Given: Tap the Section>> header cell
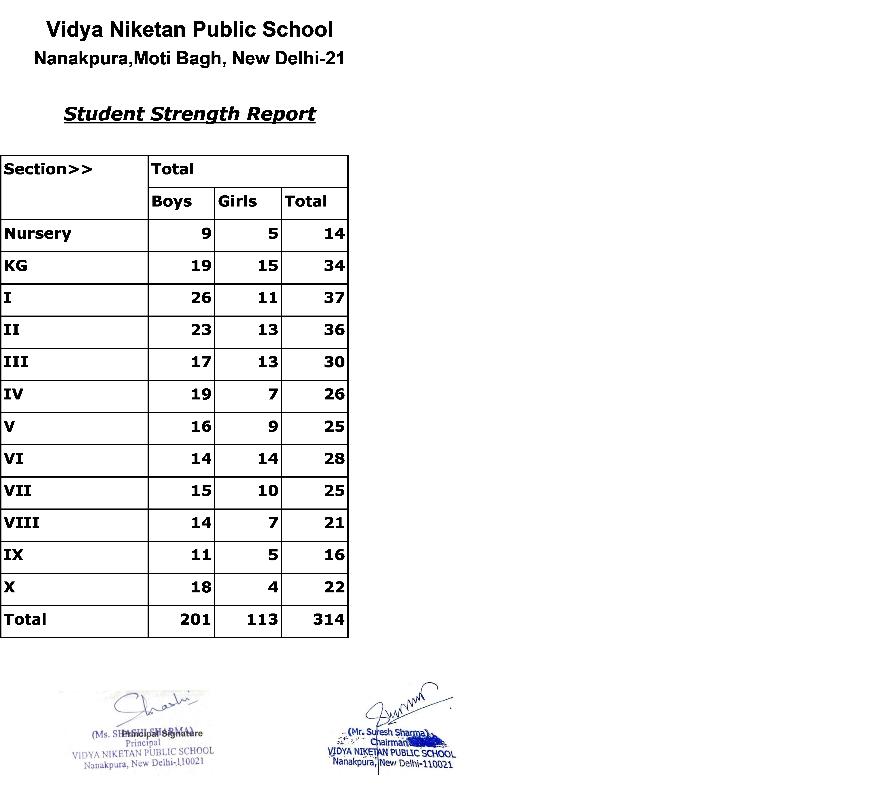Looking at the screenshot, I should click(48, 169).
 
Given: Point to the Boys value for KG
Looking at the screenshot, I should click(201, 266).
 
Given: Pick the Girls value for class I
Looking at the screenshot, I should click(268, 298).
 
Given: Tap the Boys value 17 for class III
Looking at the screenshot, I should click(201, 362).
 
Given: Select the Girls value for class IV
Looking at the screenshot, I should click(273, 394).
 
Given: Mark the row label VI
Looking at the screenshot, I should click(14, 458).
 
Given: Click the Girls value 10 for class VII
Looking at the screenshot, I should click(268, 491).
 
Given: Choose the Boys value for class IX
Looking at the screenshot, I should click(201, 555).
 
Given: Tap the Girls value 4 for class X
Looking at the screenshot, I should click(273, 587).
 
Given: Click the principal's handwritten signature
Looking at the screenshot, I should click(152, 708).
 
